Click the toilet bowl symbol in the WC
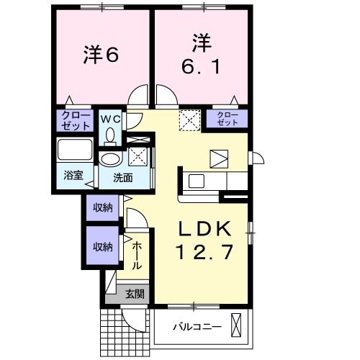pyautogui.click(x=110, y=135)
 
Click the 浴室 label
pyautogui.click(x=72, y=175)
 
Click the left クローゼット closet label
pyautogui.click(x=75, y=120)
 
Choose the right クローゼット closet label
pyautogui.click(x=227, y=119)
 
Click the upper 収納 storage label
pyautogui.click(x=102, y=209)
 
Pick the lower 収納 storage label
pyautogui.click(x=102, y=246)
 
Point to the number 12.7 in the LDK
pyautogui.click(x=204, y=253)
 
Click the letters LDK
pyautogui.click(x=204, y=229)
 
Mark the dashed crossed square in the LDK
pyautogui.click(x=189, y=118)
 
